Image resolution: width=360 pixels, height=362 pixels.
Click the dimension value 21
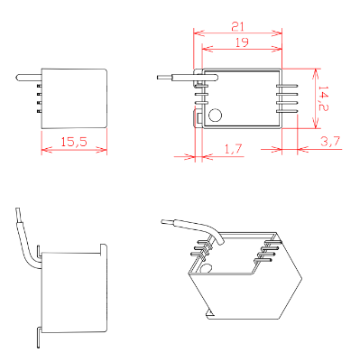click(237, 26)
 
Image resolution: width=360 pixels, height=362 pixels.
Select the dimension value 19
click(242, 42)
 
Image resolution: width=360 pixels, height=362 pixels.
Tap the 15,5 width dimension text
click(74, 142)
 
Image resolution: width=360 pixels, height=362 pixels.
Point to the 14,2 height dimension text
click(323, 98)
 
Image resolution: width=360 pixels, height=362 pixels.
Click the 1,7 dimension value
click(234, 149)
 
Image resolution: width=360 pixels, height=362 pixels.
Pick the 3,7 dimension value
click(330, 141)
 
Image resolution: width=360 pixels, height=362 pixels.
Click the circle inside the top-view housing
click(215, 115)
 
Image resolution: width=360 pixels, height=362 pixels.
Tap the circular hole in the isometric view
click(206, 268)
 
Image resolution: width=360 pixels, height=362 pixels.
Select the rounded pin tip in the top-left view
click(18, 78)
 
